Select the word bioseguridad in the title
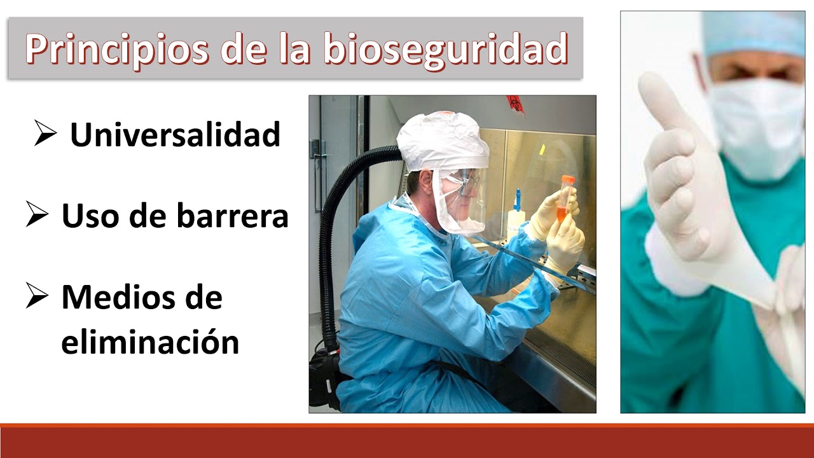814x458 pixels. [x=445, y=50]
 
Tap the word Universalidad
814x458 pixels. [x=175, y=135]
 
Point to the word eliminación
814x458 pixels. [x=150, y=342]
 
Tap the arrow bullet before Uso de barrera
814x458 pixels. [x=38, y=215]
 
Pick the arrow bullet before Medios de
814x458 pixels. [x=38, y=296]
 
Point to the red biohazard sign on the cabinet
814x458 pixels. [x=514, y=104]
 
